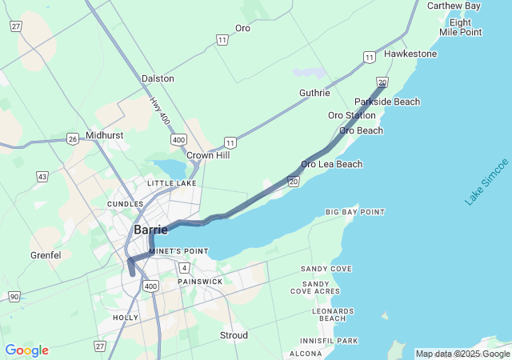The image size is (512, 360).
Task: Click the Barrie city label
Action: click(x=150, y=230)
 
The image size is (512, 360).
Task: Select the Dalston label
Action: click(x=158, y=78)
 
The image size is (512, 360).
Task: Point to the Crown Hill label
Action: click(x=208, y=155)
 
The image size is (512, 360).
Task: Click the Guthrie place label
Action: click(x=314, y=93)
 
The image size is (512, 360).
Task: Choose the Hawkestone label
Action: click(x=410, y=54)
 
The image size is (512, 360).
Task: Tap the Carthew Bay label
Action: click(x=454, y=6)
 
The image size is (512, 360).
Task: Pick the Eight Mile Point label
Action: click(x=461, y=27)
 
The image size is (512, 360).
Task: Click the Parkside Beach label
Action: click(x=387, y=102)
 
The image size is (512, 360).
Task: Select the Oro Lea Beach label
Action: click(x=331, y=164)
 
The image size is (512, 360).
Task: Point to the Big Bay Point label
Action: click(x=355, y=212)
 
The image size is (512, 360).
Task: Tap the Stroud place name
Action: click(x=234, y=335)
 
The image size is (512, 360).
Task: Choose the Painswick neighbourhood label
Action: click(x=200, y=282)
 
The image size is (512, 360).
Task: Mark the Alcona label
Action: click(x=306, y=354)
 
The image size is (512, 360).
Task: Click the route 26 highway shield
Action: click(x=72, y=138)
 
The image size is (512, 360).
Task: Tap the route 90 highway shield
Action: click(x=14, y=297)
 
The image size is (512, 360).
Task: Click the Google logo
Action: click(x=26, y=350)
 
